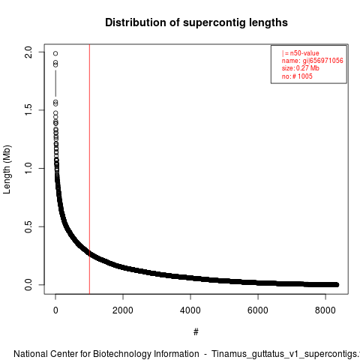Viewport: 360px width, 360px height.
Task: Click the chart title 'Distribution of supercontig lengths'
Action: click(x=196, y=22)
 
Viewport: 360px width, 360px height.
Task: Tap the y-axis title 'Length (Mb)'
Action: click(x=7, y=169)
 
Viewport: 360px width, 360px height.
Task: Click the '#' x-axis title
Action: click(x=196, y=332)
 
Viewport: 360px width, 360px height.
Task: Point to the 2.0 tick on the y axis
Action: click(x=28, y=52)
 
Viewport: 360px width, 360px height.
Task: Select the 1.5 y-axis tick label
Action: click(x=28, y=110)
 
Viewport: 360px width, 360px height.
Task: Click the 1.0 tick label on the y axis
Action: click(x=28, y=168)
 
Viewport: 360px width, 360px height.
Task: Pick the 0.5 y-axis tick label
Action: click(x=28, y=226)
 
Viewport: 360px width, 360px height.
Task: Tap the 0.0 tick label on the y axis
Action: click(x=28, y=284)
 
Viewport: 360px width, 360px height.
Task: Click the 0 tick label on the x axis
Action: click(x=55, y=310)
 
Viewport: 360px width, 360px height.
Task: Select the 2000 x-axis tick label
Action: click(x=123, y=310)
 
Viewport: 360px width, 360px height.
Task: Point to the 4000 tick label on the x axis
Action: click(x=190, y=310)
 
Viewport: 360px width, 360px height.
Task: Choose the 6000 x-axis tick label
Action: click(x=258, y=310)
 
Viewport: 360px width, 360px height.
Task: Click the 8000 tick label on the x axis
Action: click(x=325, y=310)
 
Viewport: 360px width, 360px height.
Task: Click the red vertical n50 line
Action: click(x=89, y=169)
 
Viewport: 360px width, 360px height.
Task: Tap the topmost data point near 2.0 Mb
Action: click(x=55, y=53)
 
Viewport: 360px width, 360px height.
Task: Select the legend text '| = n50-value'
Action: click(x=301, y=53)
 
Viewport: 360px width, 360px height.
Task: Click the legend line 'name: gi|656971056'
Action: click(x=313, y=61)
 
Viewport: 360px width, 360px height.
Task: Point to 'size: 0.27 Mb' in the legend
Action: click(x=301, y=68)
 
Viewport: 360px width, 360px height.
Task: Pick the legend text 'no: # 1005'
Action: click(x=297, y=76)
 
